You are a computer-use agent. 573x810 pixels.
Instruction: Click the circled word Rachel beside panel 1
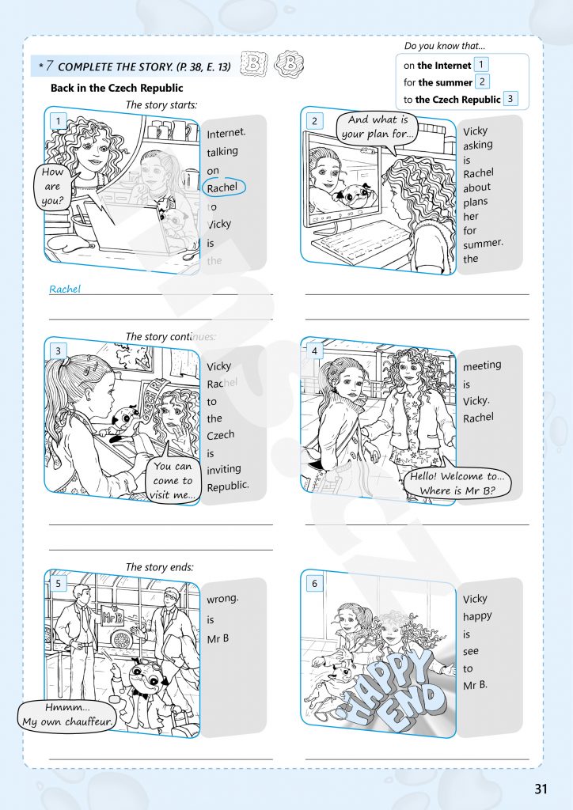coord(224,187)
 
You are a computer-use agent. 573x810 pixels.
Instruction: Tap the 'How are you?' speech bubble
coord(53,187)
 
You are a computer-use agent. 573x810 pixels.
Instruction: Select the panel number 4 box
coord(314,350)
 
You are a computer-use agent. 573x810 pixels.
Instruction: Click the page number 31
coord(541,789)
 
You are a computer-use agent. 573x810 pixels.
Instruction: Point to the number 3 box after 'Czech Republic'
coord(510,98)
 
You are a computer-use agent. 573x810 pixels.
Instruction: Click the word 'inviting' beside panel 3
coord(224,470)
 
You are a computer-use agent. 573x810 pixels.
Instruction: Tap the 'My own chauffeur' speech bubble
coord(67,715)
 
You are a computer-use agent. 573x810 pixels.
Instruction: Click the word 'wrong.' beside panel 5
coord(222,600)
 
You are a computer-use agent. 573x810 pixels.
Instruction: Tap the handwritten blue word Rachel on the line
coord(65,289)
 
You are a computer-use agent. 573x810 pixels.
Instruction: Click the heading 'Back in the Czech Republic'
coord(117,88)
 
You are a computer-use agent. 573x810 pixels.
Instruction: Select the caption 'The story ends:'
coord(160,567)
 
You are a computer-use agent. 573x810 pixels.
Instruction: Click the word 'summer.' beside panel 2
coord(483,244)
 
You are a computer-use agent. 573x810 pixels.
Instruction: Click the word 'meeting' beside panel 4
coord(482,365)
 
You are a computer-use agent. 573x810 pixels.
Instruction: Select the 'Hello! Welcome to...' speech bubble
coord(457,483)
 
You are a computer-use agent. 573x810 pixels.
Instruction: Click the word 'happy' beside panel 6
coord(477,617)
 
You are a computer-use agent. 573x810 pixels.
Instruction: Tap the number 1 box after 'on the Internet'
coord(480,65)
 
